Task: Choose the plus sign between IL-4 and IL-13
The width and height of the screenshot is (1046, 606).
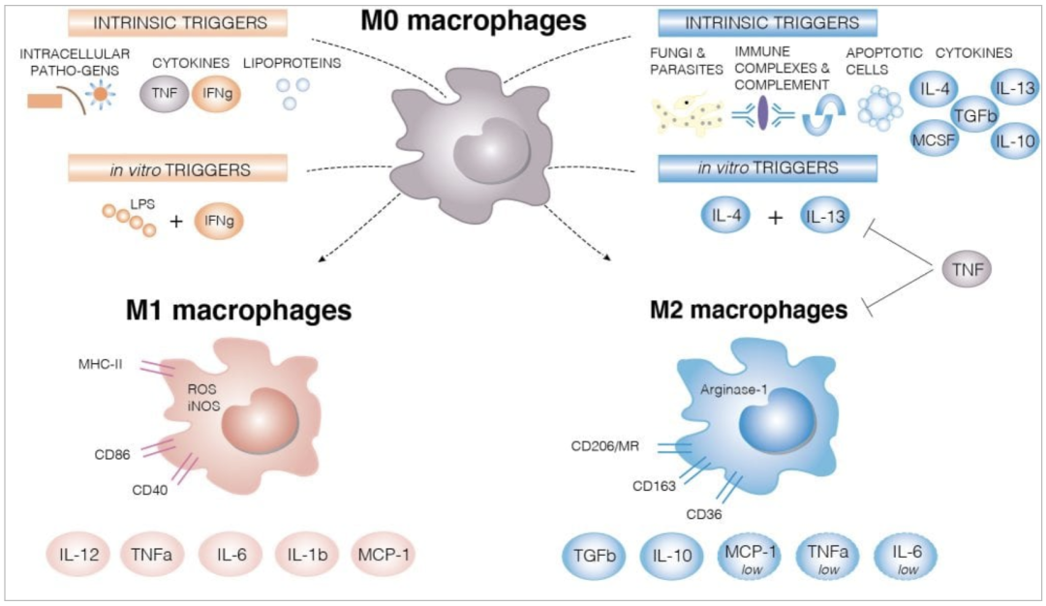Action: click(775, 219)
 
